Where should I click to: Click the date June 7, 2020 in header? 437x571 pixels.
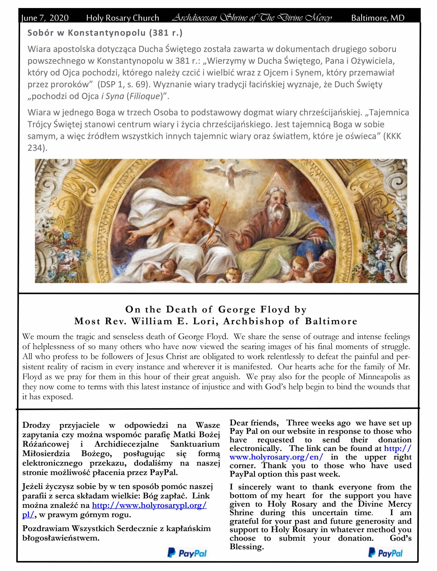[x=45, y=18]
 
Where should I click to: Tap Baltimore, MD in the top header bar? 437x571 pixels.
[x=378, y=18]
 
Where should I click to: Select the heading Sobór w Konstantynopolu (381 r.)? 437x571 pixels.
[x=105, y=33]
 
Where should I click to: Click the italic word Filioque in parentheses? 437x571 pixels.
[x=144, y=97]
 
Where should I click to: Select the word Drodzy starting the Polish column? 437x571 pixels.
[x=36, y=426]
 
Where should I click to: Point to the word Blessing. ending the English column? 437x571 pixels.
[x=247, y=547]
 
